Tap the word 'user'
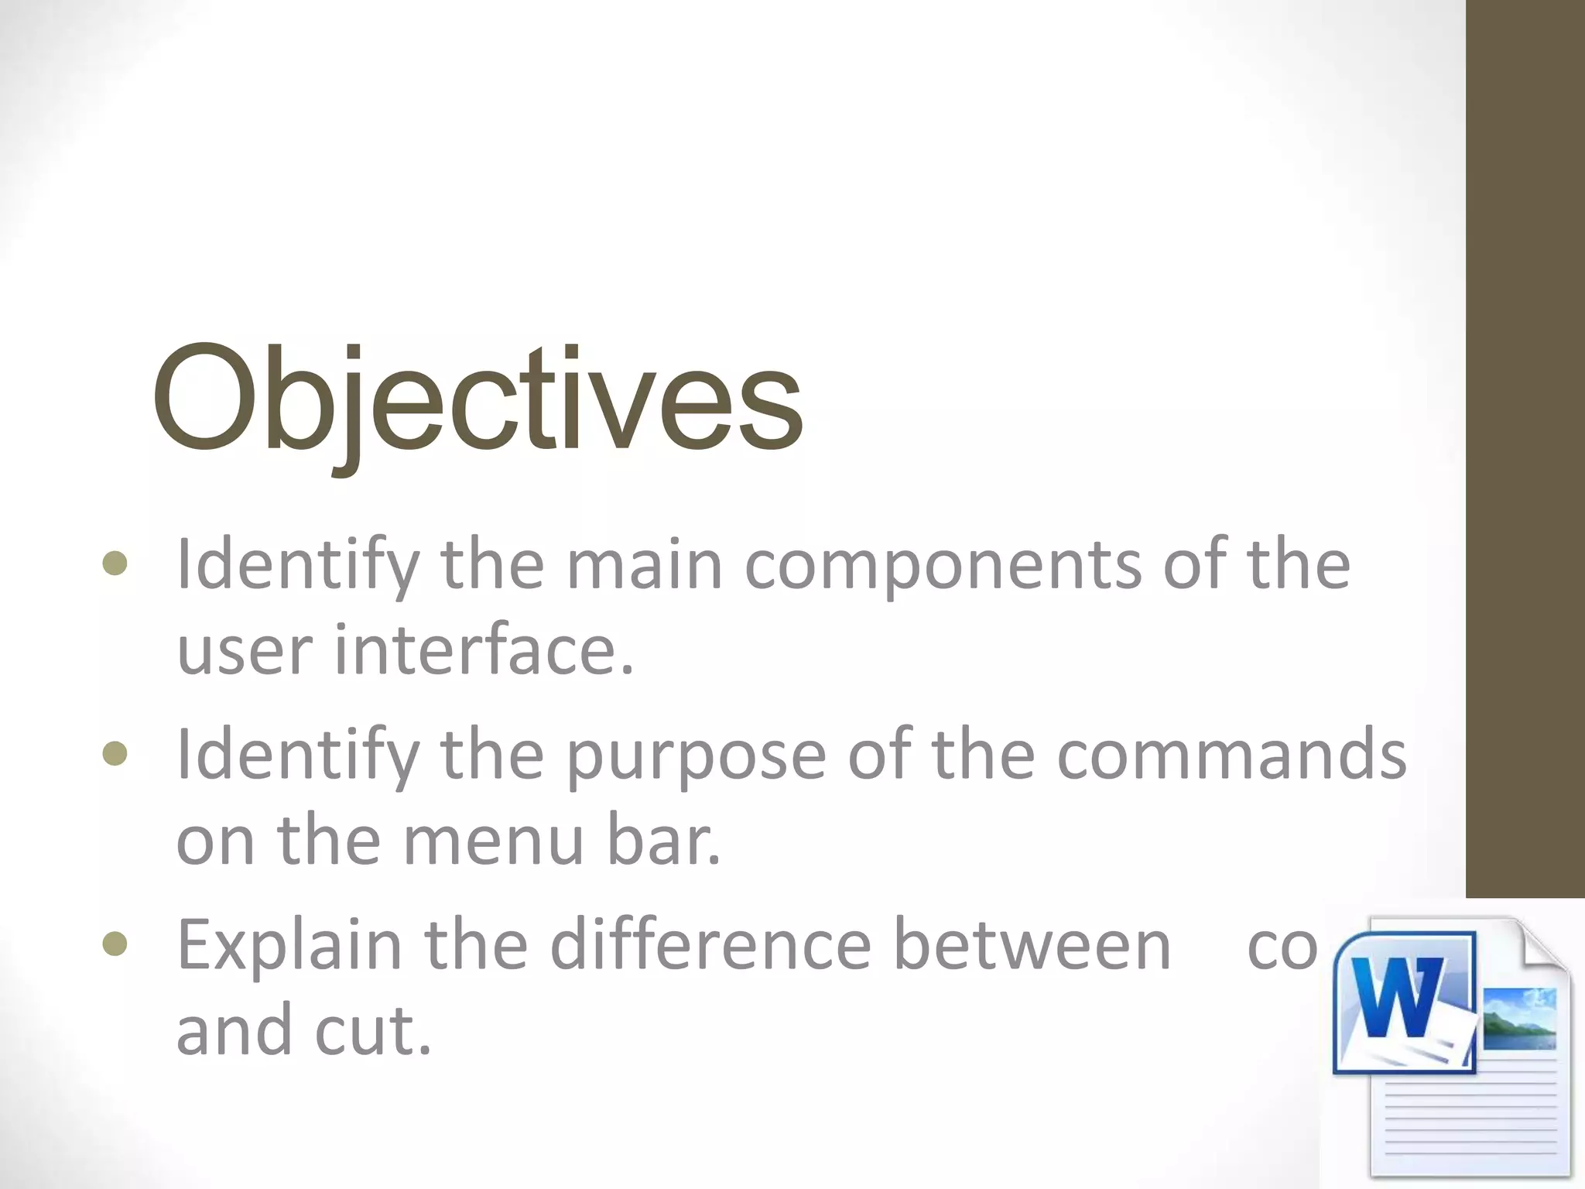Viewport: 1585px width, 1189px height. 243,650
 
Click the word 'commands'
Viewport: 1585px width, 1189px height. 1231,754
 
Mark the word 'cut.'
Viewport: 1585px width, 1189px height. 372,1030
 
